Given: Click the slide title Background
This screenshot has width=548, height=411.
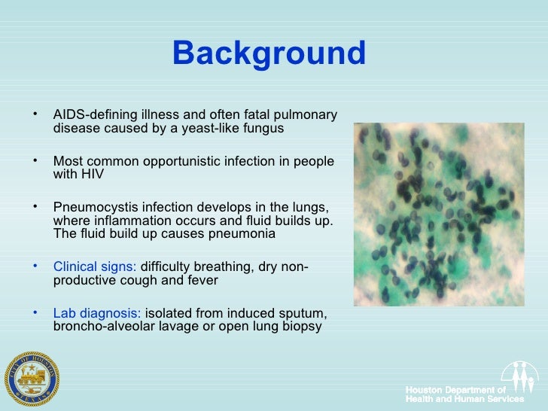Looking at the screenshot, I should [269, 53].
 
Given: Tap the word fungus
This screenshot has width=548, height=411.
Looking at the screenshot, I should [265, 128].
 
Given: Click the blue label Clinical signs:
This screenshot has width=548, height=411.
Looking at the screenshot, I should [95, 267].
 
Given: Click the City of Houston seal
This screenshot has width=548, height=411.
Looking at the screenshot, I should [31, 377].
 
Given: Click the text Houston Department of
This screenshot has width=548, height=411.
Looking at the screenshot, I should [456, 390].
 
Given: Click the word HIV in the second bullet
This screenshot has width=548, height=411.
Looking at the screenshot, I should [93, 175].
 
